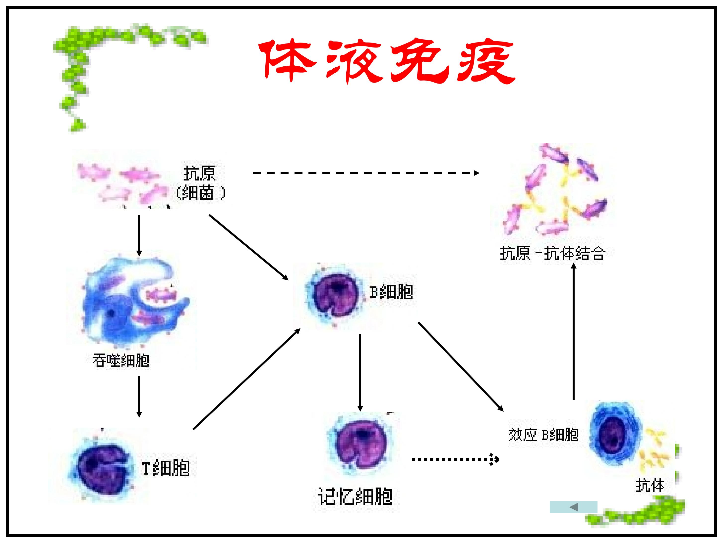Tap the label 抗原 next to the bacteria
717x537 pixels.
(x=199, y=174)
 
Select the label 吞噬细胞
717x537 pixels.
(x=120, y=360)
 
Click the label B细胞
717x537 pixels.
(x=392, y=292)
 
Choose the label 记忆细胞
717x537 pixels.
(x=355, y=496)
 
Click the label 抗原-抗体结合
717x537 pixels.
(x=553, y=253)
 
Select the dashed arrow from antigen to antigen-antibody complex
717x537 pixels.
(x=366, y=173)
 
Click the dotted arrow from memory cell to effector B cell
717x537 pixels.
(x=455, y=459)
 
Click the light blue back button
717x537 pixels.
(x=573, y=507)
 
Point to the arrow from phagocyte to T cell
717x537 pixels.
(x=139, y=397)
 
